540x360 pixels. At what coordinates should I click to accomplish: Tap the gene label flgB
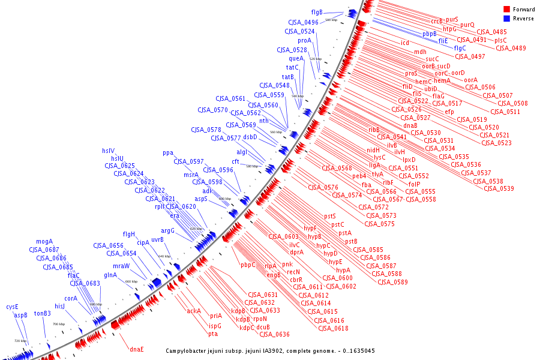coord(317,12)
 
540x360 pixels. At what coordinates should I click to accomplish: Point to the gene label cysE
coord(13,306)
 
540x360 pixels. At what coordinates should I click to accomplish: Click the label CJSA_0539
coord(499,189)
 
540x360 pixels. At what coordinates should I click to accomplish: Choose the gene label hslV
coord(108,150)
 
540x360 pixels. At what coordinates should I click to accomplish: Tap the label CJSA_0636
coord(274,334)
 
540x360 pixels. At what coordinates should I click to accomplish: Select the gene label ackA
coord(194,311)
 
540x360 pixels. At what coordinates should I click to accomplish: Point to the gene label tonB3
coord(43,313)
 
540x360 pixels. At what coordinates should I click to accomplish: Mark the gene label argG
coord(167,230)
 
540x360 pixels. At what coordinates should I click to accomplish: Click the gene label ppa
coord(168,152)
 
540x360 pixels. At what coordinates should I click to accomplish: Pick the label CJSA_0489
coord(511,48)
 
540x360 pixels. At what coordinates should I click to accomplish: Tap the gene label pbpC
coord(248,265)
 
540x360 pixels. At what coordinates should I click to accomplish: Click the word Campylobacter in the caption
coord(191,350)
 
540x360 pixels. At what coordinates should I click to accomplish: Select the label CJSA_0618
coord(333,328)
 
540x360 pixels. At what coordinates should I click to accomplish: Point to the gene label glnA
coord(110,275)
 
